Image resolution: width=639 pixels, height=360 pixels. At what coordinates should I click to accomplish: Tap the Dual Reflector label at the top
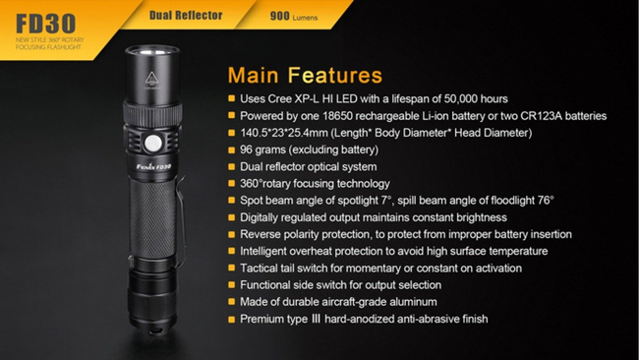point(186,15)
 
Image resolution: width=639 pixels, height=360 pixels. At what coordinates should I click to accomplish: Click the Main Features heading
point(304,75)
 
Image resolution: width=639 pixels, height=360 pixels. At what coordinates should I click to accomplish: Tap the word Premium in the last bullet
point(264,319)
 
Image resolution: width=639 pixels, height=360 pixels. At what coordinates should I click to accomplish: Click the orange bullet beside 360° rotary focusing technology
point(230,184)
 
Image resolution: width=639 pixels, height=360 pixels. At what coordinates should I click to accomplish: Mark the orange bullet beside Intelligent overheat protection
point(230,252)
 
